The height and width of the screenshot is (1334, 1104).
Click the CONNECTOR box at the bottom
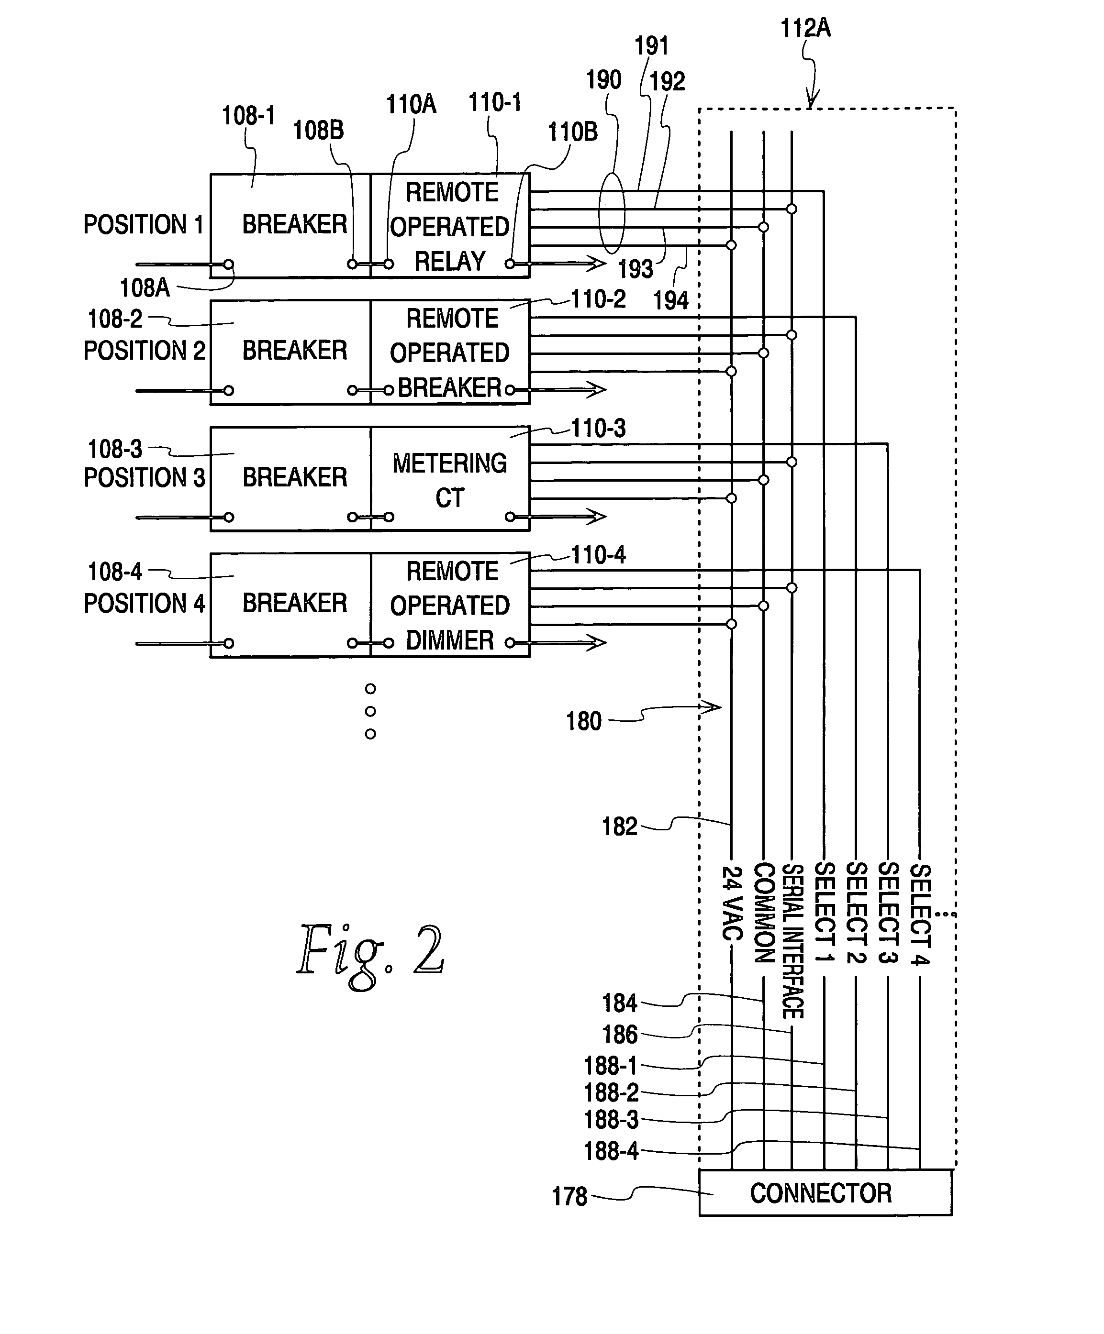click(825, 1193)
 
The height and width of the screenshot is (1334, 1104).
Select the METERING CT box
click(450, 479)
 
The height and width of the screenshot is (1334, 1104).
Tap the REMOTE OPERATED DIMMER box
click(450, 605)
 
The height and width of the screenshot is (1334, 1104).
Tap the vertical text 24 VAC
click(732, 903)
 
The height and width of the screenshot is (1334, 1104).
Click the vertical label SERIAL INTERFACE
click(792, 940)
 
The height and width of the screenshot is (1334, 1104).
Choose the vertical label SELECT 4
click(920, 914)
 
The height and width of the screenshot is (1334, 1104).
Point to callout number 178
click(569, 1197)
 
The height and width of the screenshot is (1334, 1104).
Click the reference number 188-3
click(611, 1120)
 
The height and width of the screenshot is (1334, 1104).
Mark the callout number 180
click(583, 721)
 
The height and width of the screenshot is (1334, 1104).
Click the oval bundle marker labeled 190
click(612, 214)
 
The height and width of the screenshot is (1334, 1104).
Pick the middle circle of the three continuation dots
click(370, 711)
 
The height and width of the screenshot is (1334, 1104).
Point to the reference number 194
click(670, 300)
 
